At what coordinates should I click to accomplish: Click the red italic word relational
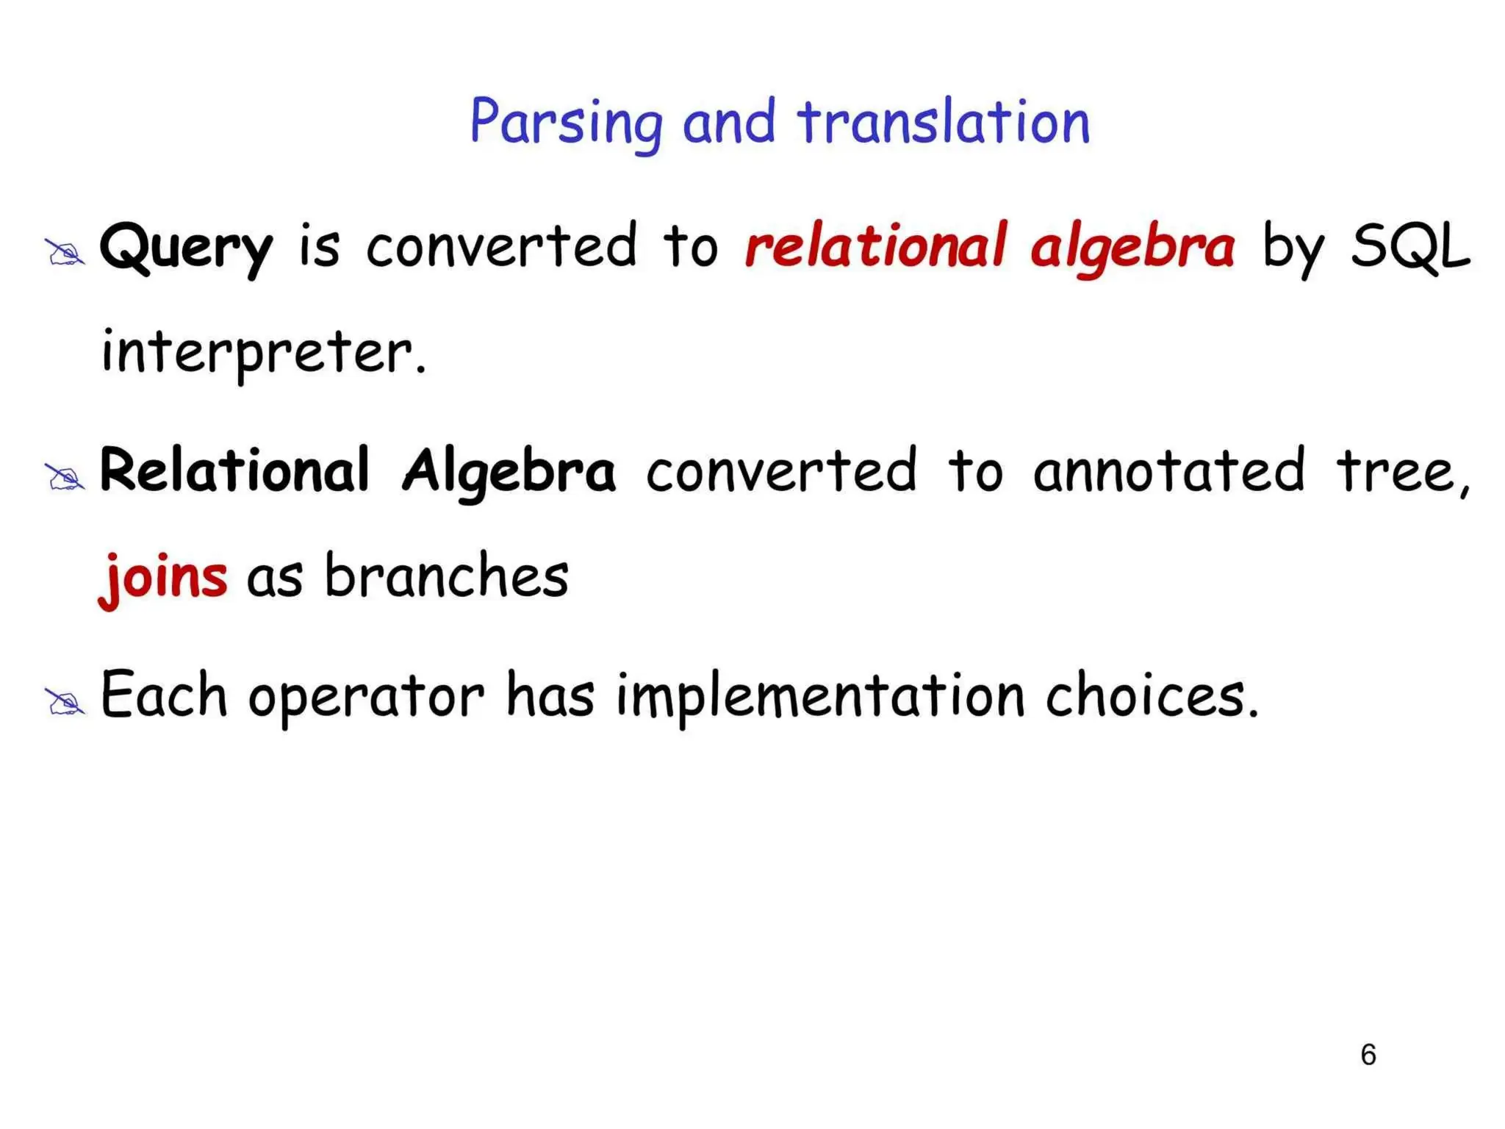(874, 246)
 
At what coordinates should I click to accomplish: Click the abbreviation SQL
(1411, 246)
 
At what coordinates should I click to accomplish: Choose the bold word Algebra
(509, 472)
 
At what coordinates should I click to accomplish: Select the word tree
(1400, 472)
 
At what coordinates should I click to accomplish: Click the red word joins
(163, 578)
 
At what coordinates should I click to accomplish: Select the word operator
(366, 697)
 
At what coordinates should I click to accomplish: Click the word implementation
(820, 697)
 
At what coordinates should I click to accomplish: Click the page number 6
(1368, 1055)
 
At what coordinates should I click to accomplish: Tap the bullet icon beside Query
(65, 253)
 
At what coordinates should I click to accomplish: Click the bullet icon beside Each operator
(65, 702)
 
